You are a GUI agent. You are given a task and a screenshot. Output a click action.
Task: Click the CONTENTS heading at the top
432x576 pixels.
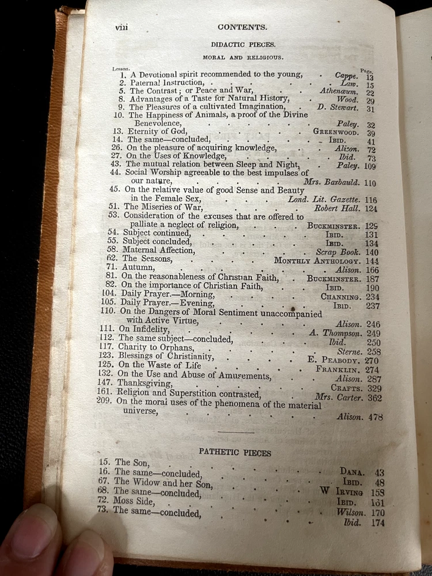tap(241, 26)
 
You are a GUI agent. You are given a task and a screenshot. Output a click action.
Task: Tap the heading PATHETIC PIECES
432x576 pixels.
tap(234, 453)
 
